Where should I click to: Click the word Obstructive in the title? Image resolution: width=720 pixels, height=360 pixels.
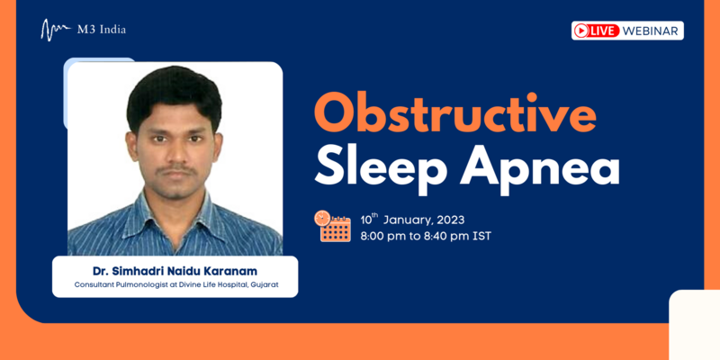[455, 113]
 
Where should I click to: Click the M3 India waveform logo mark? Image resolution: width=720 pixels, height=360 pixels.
[56, 30]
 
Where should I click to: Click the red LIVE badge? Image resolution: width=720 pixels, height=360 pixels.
[597, 31]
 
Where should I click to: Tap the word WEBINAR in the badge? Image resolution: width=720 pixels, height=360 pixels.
[651, 31]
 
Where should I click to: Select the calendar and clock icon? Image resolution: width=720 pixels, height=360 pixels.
[332, 226]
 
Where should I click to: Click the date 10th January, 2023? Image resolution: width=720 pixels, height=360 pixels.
[412, 220]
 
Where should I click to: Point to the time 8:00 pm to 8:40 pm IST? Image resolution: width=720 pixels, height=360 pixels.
[426, 237]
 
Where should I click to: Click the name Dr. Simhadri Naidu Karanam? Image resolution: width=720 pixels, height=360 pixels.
[175, 272]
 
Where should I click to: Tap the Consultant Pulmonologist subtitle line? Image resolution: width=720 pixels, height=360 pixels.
[176, 284]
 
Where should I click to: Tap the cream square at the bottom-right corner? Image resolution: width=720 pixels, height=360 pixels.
[694, 325]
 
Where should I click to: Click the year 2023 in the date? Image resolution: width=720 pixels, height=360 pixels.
[451, 220]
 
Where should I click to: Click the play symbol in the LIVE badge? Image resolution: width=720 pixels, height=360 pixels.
[580, 31]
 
